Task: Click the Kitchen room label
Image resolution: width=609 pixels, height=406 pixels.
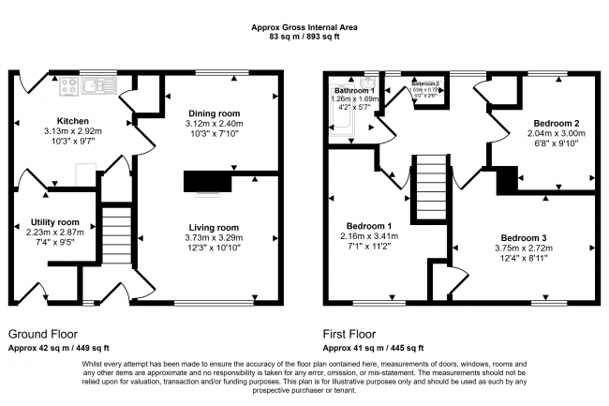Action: pyautogui.click(x=73, y=121)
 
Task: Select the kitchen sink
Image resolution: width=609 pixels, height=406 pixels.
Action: pyautogui.click(x=97, y=87)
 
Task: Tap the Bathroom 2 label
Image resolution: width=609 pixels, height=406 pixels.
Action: pyautogui.click(x=432, y=83)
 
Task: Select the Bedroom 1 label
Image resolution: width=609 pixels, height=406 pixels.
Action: pyautogui.click(x=369, y=227)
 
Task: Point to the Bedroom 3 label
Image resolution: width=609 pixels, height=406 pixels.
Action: pyautogui.click(x=522, y=238)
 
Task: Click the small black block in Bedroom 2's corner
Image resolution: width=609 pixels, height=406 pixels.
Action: pyautogui.click(x=507, y=179)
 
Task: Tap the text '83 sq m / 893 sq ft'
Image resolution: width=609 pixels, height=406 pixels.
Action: pyautogui.click(x=304, y=38)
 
